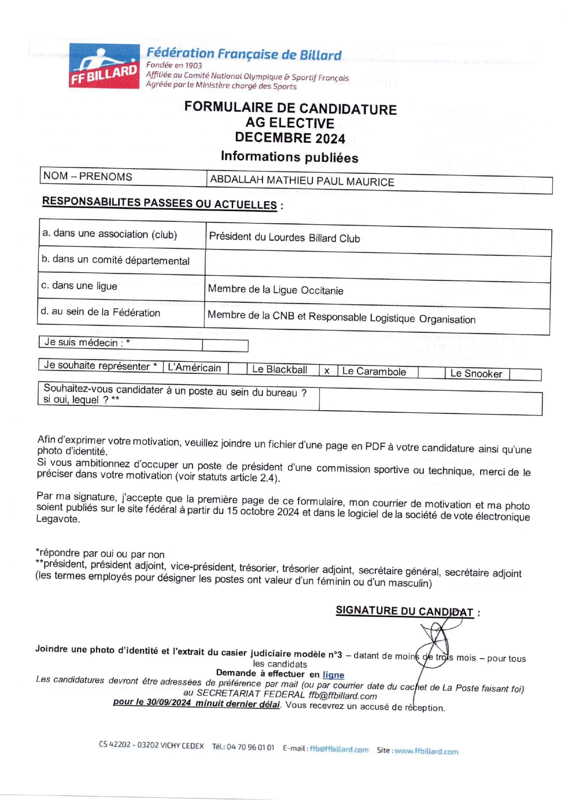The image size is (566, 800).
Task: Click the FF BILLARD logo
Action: [x=104, y=66]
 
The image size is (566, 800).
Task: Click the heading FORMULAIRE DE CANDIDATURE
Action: [x=290, y=108]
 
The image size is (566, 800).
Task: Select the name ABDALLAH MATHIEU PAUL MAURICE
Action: [x=302, y=181]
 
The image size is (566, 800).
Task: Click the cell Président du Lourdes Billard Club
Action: [x=284, y=238]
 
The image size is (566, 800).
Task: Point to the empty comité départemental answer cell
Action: [x=378, y=268]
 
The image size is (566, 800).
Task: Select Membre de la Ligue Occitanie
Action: [x=276, y=290]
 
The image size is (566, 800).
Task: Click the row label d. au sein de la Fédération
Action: [x=100, y=312]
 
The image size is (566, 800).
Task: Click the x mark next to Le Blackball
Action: [x=327, y=371]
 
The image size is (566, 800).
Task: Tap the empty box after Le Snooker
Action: [x=525, y=374]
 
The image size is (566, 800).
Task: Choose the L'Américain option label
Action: [x=195, y=368]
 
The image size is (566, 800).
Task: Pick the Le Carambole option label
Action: [x=374, y=372]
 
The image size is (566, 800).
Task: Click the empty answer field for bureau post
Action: [x=430, y=402]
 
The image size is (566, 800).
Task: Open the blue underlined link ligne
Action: [x=333, y=675]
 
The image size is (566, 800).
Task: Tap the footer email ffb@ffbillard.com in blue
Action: [x=339, y=749]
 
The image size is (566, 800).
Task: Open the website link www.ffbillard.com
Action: [x=426, y=751]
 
